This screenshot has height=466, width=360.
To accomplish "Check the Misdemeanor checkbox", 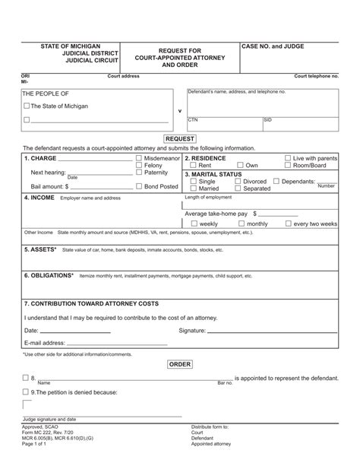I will coord(138,158).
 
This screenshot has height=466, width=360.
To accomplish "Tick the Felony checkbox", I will coord(138,166).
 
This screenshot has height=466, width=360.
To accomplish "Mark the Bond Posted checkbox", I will coord(138,185).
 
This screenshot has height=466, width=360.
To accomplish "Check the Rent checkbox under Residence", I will coord(194,166).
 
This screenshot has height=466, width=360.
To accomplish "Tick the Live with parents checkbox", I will coord(288,158).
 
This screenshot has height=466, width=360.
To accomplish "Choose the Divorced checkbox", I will coord(238,182).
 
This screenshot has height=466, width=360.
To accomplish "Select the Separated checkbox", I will coord(238,189).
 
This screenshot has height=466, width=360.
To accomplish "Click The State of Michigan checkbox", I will coord(27,106).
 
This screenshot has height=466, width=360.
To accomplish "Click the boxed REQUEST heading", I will coord(179,139).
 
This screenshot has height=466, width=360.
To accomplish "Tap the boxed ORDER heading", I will coord(179,365).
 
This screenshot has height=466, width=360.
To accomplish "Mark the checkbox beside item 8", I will coord(27,378).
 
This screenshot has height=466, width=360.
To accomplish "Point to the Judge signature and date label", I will coord(49,420).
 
